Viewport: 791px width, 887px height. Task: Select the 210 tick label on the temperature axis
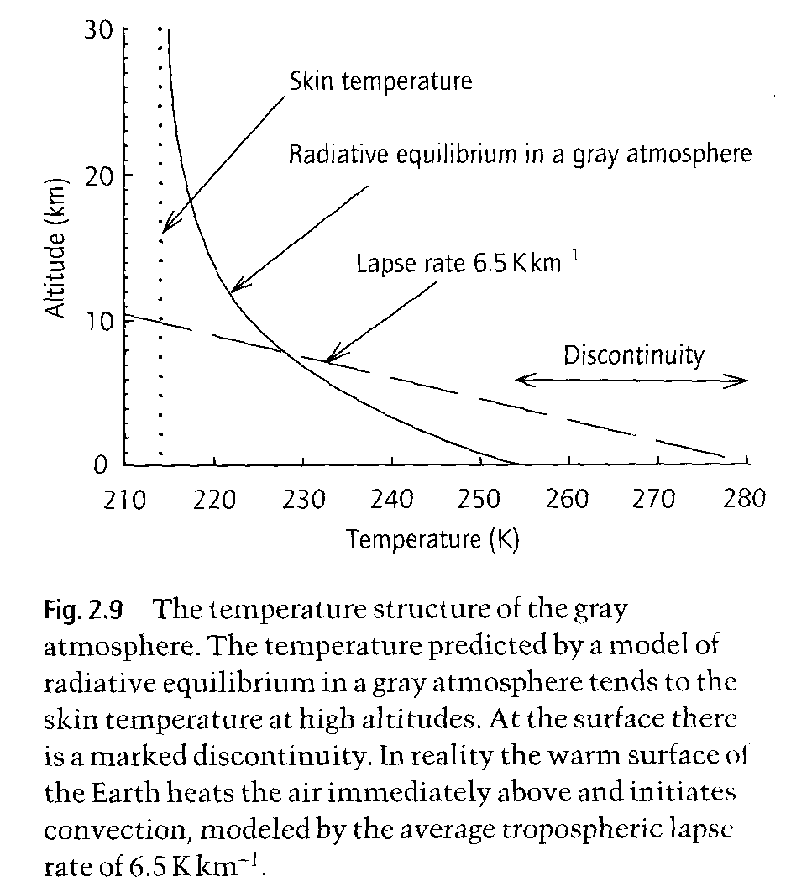tap(124, 500)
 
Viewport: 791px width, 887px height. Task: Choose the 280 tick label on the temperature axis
tap(744, 500)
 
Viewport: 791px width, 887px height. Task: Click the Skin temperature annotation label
tap(380, 81)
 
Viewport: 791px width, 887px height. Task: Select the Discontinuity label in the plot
tap(633, 355)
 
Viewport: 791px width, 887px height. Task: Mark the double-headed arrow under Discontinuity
tap(631, 381)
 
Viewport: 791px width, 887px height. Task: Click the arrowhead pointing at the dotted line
tap(165, 227)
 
